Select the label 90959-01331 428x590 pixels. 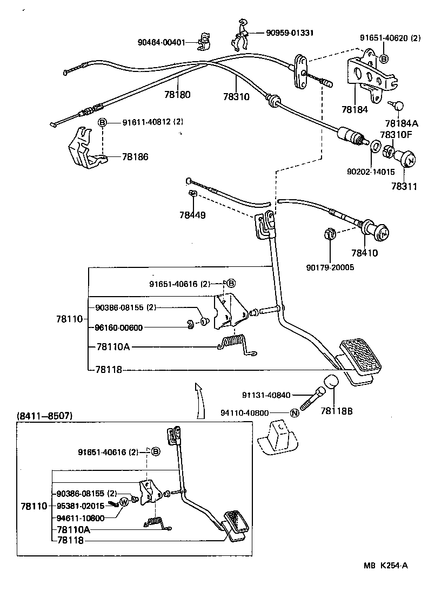click(289, 32)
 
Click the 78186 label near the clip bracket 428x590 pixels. click(135, 157)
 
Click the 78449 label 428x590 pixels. click(193, 215)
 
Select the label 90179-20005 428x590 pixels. click(330, 267)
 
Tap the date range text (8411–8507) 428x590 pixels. click(44, 416)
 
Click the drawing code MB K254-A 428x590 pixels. click(385, 566)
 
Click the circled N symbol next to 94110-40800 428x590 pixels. click(295, 413)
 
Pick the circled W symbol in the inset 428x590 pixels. click(123, 501)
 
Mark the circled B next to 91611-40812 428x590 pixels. click(102, 122)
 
